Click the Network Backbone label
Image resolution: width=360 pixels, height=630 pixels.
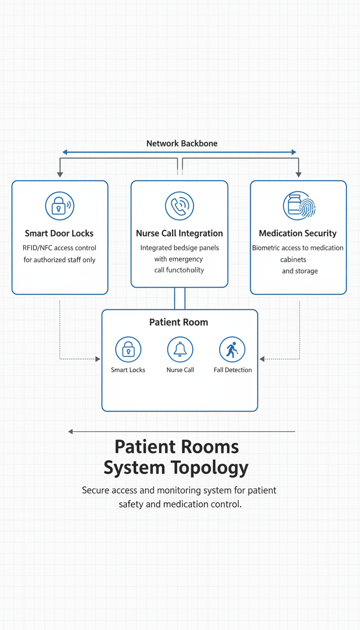[182, 143]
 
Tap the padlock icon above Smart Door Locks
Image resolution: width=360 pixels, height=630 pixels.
[60, 205]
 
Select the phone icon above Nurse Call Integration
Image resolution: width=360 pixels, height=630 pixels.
[180, 205]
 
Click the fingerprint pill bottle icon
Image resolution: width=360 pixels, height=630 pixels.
[299, 205]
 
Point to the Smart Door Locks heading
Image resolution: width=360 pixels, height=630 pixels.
[59, 233]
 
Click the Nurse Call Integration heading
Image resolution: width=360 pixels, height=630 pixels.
[180, 233]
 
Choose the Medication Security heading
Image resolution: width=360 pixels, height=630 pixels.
[298, 233]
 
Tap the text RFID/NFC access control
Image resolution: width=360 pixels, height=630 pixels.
[59, 247]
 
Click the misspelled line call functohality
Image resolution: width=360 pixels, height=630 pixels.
[179, 270]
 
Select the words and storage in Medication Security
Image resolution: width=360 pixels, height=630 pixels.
[300, 271]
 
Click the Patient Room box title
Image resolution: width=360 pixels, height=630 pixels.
[179, 322]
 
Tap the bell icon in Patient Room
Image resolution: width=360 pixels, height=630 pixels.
[180, 350]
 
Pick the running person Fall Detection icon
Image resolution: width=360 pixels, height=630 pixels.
[232, 350]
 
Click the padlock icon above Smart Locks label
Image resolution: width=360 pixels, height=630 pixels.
[128, 350]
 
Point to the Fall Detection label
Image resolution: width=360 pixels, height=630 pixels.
[232, 370]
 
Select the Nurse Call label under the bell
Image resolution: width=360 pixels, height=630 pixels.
[180, 370]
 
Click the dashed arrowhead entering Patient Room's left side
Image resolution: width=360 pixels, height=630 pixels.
[98, 359]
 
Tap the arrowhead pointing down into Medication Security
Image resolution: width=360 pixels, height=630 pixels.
[299, 175]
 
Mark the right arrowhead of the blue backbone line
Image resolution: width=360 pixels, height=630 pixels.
[294, 152]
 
